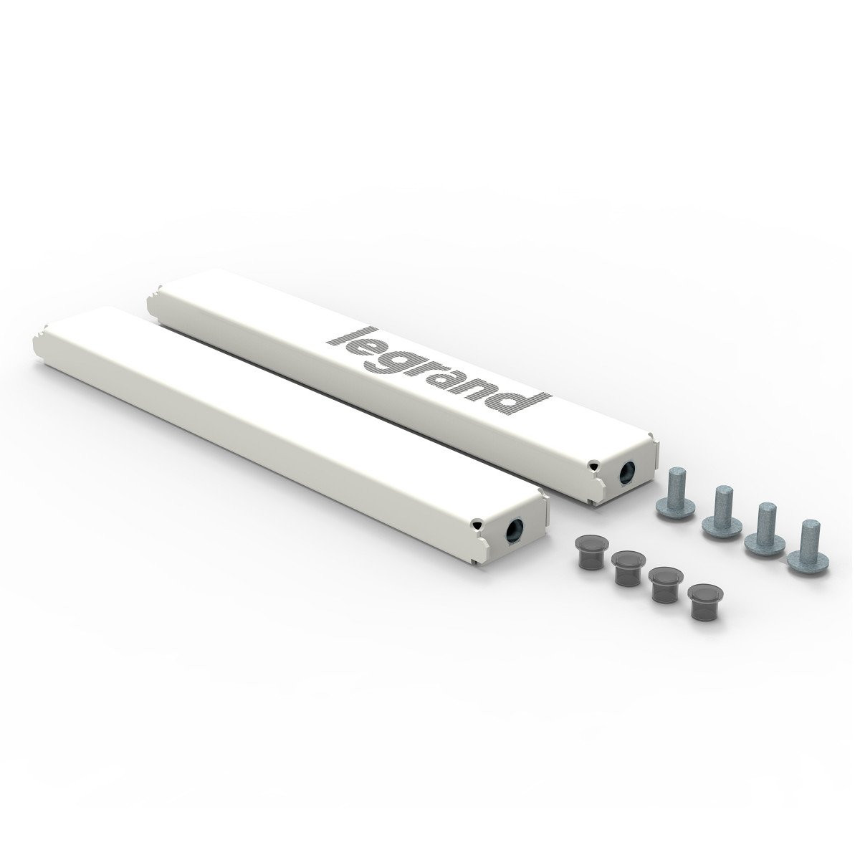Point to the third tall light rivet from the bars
[762, 530]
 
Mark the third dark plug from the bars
[664, 583]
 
